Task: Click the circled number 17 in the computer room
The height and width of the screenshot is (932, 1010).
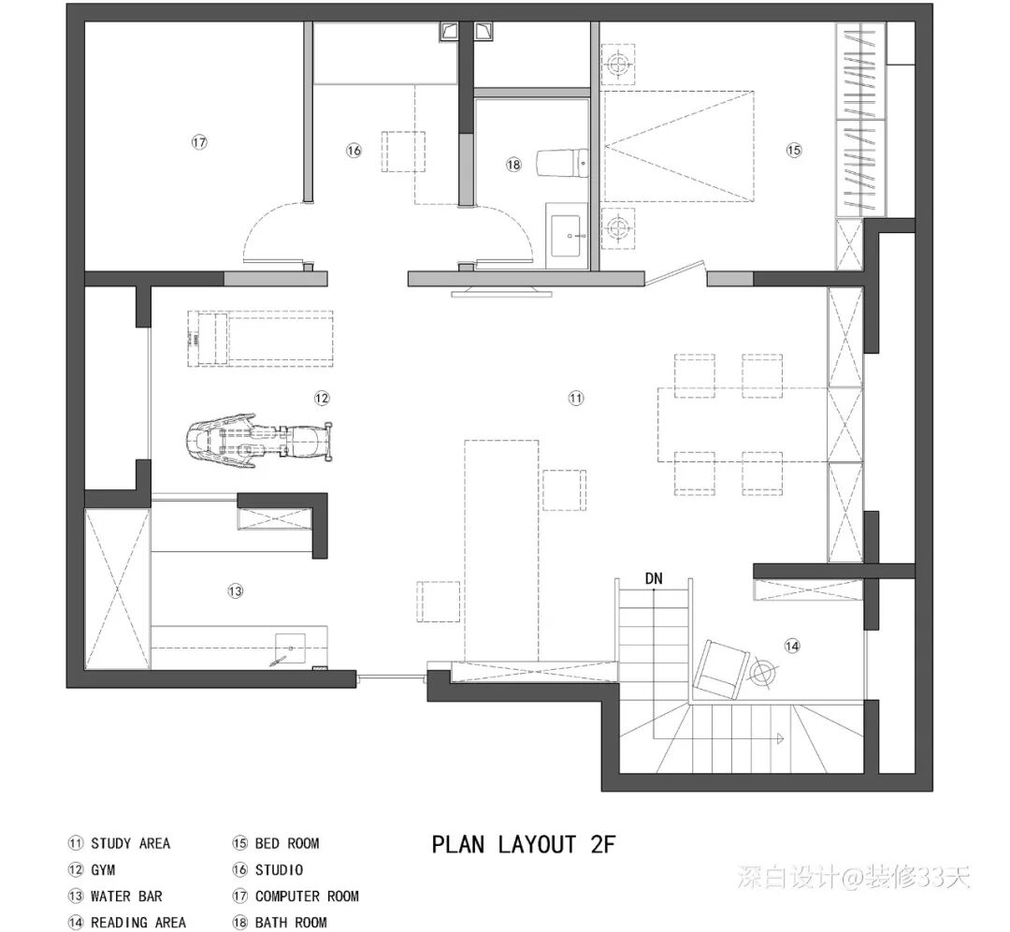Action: tap(200, 142)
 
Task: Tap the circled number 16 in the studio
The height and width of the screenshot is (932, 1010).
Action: tap(353, 151)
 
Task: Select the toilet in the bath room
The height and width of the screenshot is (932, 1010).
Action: tap(562, 163)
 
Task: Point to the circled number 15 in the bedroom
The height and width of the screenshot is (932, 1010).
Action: tap(794, 150)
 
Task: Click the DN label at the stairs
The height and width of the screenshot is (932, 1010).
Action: tap(654, 579)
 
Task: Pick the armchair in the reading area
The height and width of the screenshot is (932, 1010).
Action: tap(720, 669)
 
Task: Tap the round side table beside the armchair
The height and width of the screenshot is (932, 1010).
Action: tap(763, 673)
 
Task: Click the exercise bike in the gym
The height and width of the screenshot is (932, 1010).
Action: tap(260, 442)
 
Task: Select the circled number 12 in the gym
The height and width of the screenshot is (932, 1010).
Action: tap(322, 399)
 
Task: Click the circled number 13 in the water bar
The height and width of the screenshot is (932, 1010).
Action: tap(235, 590)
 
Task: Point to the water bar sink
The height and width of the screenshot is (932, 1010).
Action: tap(290, 648)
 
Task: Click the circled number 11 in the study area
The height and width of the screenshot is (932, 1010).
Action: tap(576, 399)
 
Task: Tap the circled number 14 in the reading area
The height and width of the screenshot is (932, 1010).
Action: tap(792, 646)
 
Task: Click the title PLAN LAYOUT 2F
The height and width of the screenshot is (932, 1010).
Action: tap(524, 844)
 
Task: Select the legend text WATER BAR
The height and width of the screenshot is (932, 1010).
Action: tap(127, 896)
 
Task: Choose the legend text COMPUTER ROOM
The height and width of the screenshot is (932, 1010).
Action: tap(307, 896)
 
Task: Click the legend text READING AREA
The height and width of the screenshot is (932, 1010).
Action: tap(138, 923)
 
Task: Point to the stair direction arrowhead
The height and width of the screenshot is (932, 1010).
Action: tap(779, 738)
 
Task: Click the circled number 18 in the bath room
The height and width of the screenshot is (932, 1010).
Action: tap(513, 165)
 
